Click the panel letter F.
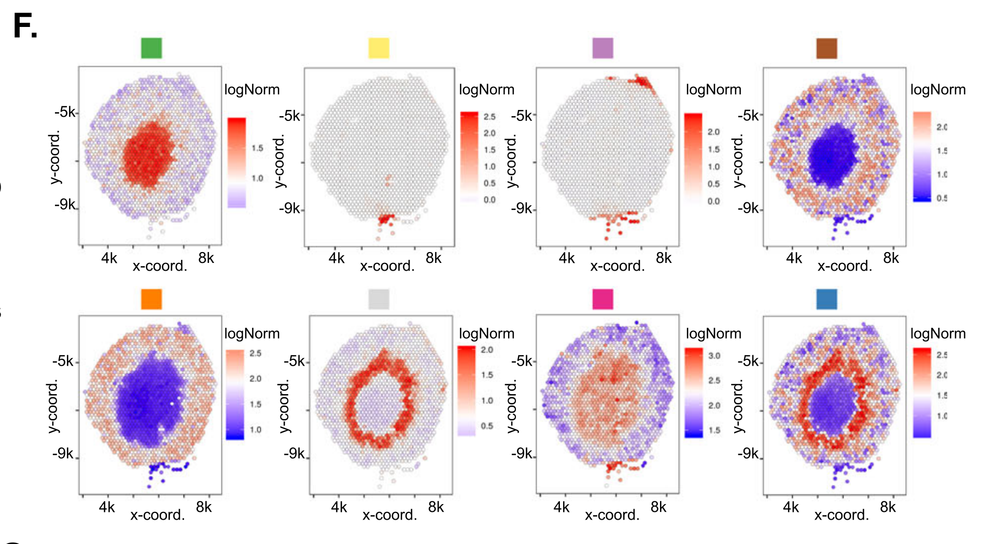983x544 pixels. click(24, 26)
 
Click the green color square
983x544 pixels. click(151, 48)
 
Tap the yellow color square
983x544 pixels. click(378, 48)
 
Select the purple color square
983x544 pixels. click(602, 48)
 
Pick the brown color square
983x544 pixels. click(826, 48)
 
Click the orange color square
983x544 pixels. click(151, 299)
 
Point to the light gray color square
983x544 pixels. click(378, 299)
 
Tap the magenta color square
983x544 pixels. click(602, 299)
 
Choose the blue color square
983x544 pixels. click(826, 299)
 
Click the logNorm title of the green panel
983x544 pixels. click(252, 90)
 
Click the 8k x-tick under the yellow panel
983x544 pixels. click(433, 258)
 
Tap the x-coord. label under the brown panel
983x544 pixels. click(845, 266)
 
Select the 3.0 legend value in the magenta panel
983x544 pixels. click(714, 356)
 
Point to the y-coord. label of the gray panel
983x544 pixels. click(284, 407)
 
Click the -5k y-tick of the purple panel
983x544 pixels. click(523, 115)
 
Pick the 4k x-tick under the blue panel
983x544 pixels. click(791, 507)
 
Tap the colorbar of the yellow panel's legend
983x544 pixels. click(469, 156)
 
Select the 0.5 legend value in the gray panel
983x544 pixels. click(487, 426)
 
